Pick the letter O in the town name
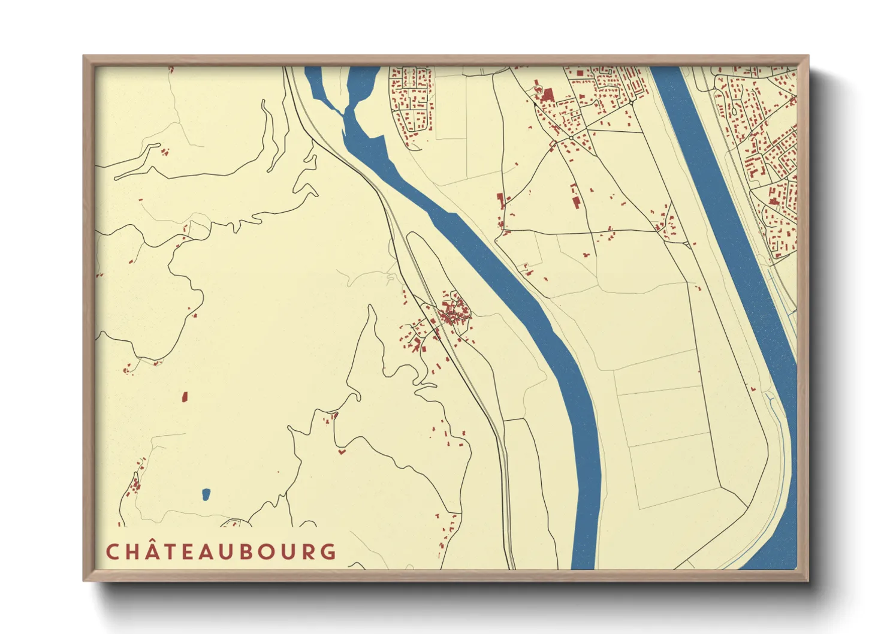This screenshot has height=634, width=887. (x=266, y=551)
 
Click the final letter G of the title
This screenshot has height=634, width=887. (x=328, y=551)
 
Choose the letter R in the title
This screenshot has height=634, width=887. (x=307, y=551)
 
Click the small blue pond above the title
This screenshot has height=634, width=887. (x=206, y=494)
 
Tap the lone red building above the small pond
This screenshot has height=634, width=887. (x=185, y=396)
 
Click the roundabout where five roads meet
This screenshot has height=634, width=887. (x=571, y=137)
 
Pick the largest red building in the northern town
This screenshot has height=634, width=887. (x=547, y=95)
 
